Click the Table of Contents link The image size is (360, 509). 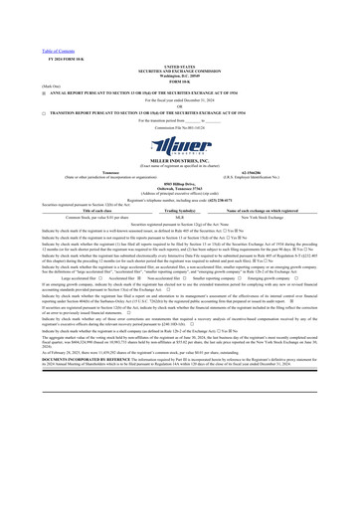[x=24, y=22]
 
